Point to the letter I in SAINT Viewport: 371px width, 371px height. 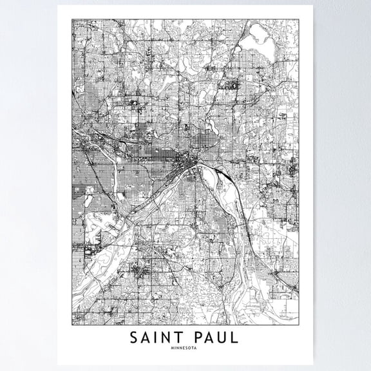pos(159,338)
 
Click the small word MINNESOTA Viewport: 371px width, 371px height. pos(185,348)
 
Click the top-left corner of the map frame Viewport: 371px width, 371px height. pos(72,19)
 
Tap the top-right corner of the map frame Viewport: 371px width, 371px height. pos(299,19)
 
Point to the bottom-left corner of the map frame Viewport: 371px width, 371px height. pos(72,324)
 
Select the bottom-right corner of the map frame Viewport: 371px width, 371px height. pos(299,324)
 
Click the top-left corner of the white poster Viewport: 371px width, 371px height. pos(58,6)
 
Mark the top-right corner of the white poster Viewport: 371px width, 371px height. pos(314,6)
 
